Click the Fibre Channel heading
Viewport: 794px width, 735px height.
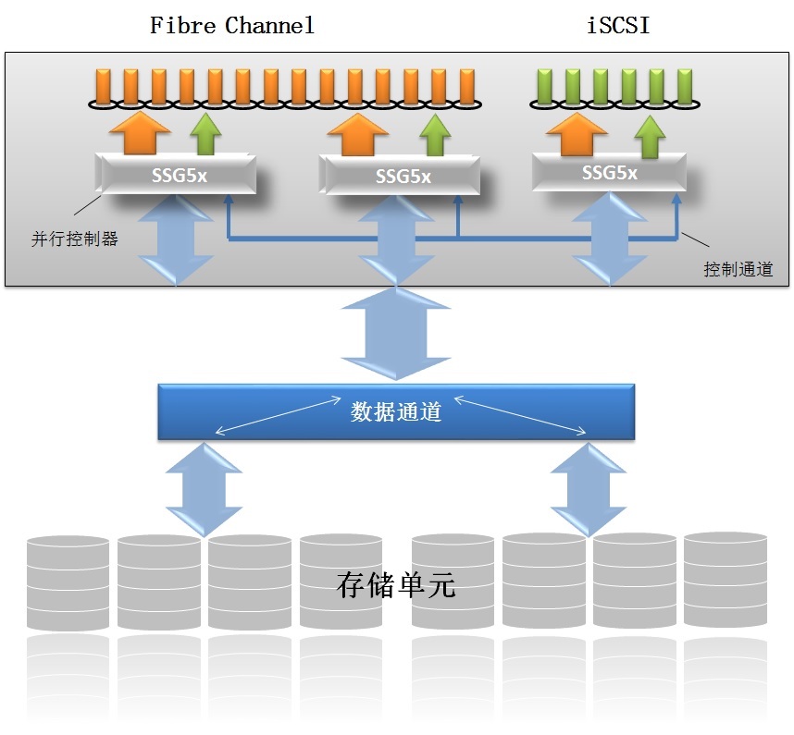click(232, 25)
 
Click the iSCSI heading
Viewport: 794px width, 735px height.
click(618, 25)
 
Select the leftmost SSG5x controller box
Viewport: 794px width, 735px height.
click(176, 174)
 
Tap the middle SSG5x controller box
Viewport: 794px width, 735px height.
click(403, 175)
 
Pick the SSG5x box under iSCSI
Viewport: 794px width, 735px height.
click(609, 172)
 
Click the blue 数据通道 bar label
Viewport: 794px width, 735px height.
click(396, 411)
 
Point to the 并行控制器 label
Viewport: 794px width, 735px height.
click(75, 239)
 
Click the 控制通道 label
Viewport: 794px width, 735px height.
click(738, 269)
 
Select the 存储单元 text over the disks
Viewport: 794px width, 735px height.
click(396, 584)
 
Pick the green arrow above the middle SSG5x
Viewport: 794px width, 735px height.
click(434, 136)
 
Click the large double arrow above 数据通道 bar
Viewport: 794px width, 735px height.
click(396, 333)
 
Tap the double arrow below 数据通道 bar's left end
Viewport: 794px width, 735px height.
click(204, 488)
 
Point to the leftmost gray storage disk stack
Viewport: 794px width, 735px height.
click(68, 582)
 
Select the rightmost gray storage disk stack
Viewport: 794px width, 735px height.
click(725, 580)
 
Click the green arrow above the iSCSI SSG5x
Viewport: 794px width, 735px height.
click(651, 137)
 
